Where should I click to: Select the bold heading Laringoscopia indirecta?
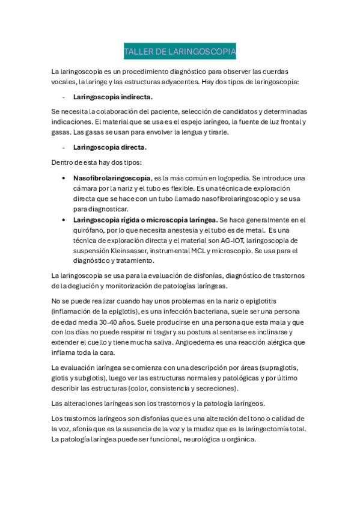[113, 96]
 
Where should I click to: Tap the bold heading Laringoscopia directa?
[110, 147]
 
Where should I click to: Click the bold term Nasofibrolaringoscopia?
[112, 178]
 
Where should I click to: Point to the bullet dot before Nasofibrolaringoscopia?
[64, 179]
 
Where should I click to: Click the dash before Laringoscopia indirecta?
[63, 97]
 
